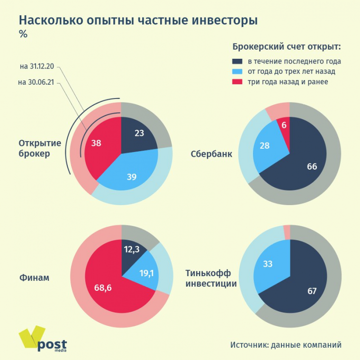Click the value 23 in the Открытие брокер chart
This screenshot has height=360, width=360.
139,133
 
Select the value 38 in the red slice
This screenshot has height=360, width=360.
96,142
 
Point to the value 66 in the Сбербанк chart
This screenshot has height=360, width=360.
312,166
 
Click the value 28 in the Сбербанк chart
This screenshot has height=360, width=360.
264,145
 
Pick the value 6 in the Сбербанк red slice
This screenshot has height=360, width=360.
284,126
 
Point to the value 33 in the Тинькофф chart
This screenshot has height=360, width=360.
268,264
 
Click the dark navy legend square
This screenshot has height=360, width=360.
237,62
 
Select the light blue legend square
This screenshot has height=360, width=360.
237,72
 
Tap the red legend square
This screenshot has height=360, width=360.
237,82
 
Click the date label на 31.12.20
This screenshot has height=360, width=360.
37,66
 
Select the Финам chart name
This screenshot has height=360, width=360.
34,278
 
